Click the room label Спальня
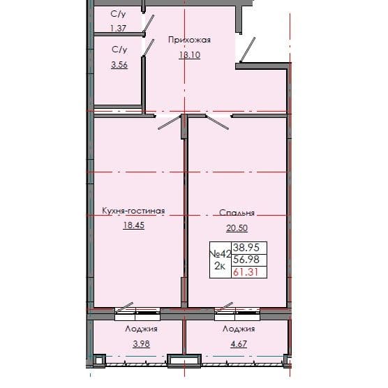[x=236, y=214]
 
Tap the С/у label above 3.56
[x=119, y=50]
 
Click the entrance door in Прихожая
[x=246, y=49]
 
